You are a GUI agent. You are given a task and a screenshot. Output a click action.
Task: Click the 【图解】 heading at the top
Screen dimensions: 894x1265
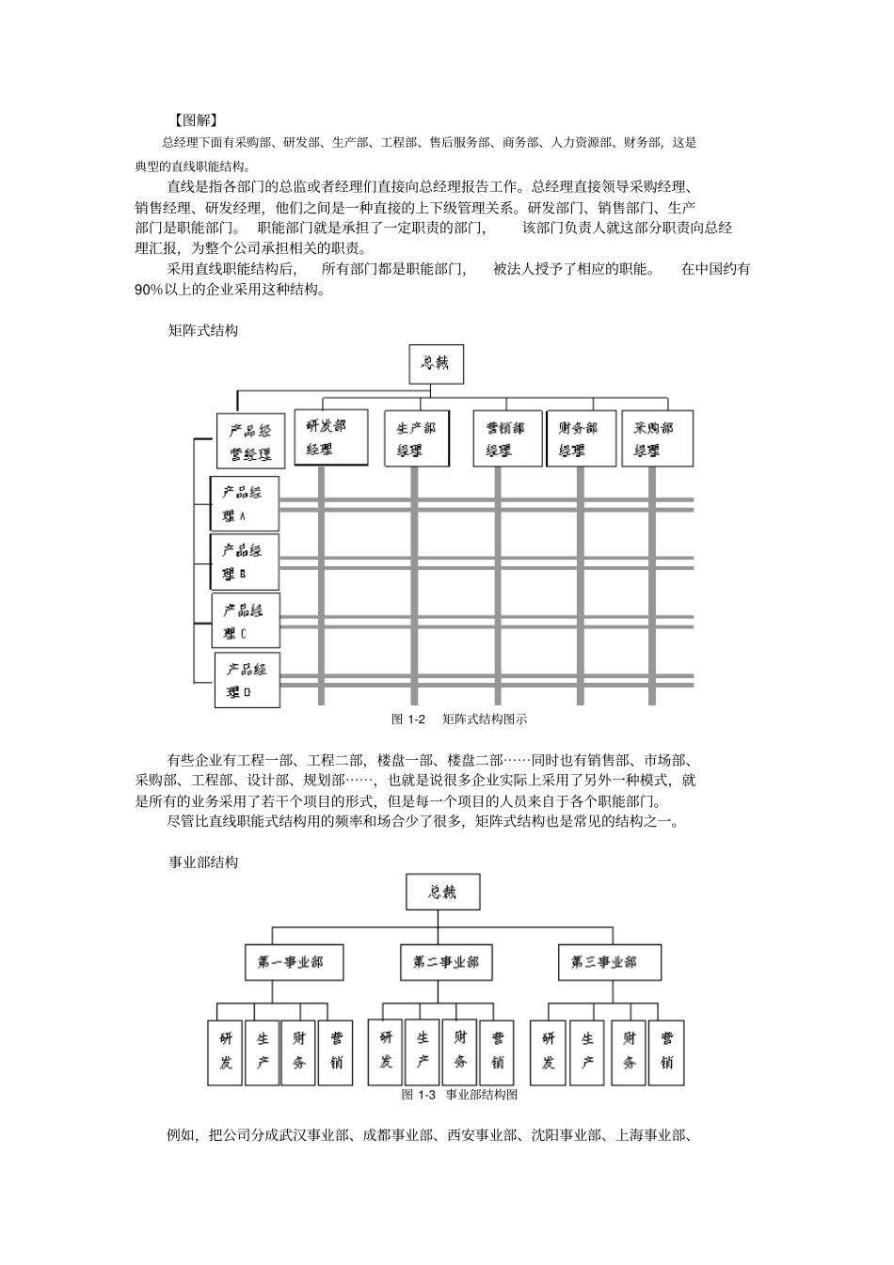click(196, 119)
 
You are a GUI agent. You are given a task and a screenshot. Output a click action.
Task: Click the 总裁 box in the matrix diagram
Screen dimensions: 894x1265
click(437, 364)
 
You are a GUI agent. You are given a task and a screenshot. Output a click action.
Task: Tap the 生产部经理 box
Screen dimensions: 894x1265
click(416, 438)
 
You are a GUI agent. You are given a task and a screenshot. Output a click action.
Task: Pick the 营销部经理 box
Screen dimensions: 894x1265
click(506, 438)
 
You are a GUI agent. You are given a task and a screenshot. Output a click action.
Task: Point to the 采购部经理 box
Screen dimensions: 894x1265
click(657, 438)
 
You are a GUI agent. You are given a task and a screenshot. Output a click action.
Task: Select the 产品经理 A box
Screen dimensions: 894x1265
click(244, 504)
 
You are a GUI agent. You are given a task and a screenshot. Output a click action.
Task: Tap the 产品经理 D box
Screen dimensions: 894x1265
click(247, 681)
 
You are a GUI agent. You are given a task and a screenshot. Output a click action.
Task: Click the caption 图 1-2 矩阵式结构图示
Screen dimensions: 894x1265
click(458, 719)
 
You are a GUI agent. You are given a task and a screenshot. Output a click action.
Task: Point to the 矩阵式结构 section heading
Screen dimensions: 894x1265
click(202, 330)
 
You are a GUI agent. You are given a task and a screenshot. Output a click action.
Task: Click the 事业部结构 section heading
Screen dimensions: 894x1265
click(202, 862)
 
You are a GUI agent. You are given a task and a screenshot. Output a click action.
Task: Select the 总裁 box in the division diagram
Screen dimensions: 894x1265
click(442, 892)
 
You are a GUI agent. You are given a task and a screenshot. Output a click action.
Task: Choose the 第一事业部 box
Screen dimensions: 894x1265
click(290, 962)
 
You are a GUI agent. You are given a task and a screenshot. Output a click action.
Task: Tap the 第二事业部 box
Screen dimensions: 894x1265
click(445, 962)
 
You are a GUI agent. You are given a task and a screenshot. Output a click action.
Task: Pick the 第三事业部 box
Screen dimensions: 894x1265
click(603, 962)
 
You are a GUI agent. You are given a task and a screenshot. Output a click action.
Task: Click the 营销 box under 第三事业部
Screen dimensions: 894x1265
click(666, 1051)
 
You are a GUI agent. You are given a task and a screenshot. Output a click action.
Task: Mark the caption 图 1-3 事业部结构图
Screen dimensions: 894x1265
click(459, 1095)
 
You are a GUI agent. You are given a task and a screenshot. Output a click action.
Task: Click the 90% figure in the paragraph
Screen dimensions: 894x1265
click(150, 290)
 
